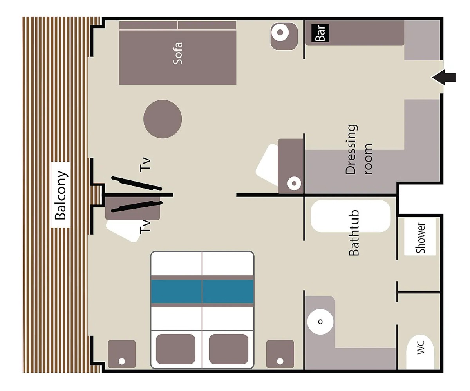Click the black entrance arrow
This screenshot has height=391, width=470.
tap(443, 78)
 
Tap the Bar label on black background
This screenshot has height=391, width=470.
tap(320, 33)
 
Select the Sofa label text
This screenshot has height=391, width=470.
tap(177, 53)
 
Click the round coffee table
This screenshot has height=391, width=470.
tap(163, 119)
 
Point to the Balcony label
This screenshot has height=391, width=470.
tap(60, 195)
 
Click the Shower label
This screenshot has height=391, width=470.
tap(420, 238)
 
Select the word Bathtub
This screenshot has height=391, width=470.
tap(354, 233)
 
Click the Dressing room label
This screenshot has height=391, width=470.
tap(359, 149)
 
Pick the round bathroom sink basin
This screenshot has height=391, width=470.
tap(320, 322)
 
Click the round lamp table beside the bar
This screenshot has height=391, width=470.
tap(284, 36)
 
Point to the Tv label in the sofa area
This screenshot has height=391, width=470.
tap(145, 165)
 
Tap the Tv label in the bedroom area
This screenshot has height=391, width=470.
tap(145, 227)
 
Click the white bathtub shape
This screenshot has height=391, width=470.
tap(351, 216)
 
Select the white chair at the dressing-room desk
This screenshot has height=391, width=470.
tap(267, 165)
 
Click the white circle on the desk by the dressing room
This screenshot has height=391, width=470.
tap(294, 184)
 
